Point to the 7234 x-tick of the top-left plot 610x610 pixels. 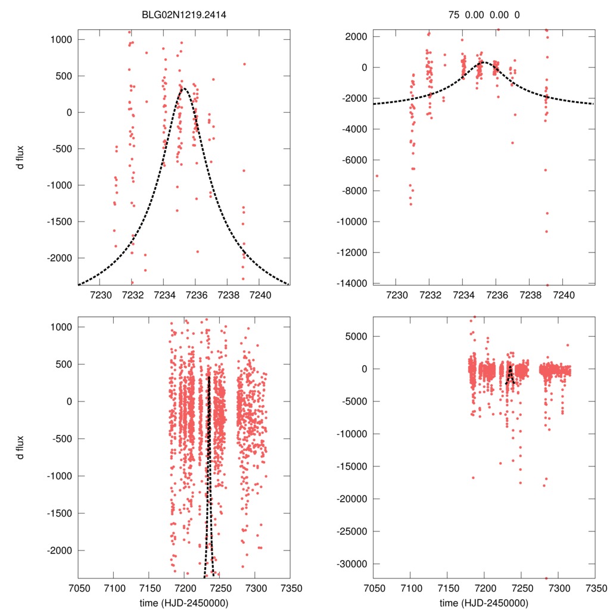[164, 295]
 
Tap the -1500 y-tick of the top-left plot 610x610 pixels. [59, 222]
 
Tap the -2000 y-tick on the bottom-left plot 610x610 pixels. [59, 550]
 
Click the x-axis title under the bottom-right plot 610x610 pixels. [484, 602]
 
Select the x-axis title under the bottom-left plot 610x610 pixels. [183, 602]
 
